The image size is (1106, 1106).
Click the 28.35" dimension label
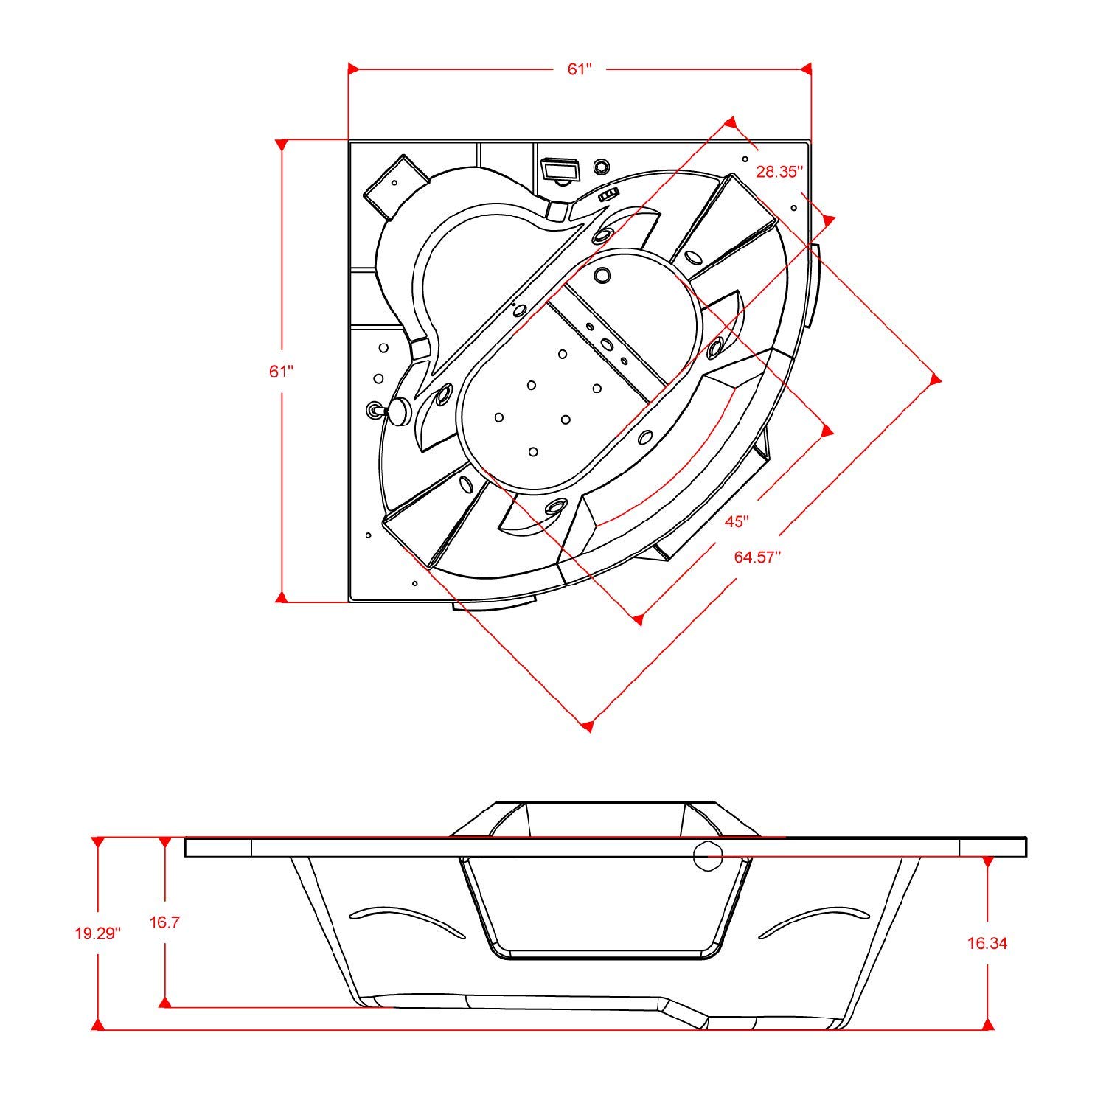[779, 173]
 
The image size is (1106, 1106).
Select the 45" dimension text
[737, 521]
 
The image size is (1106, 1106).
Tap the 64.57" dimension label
[757, 557]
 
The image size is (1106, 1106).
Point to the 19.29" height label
[97, 933]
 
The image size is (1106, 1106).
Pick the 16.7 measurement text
[165, 922]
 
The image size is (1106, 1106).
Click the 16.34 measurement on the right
[987, 942]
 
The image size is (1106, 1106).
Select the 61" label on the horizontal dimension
[580, 69]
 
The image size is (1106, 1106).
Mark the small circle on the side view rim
[709, 856]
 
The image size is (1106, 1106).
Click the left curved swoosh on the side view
[406, 919]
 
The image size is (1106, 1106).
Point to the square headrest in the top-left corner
[396, 187]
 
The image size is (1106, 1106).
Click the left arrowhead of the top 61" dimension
[353, 69]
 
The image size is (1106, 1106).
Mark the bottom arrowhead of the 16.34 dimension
[987, 1024]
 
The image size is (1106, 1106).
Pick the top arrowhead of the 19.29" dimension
[97, 842]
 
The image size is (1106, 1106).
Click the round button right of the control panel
[602, 166]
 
